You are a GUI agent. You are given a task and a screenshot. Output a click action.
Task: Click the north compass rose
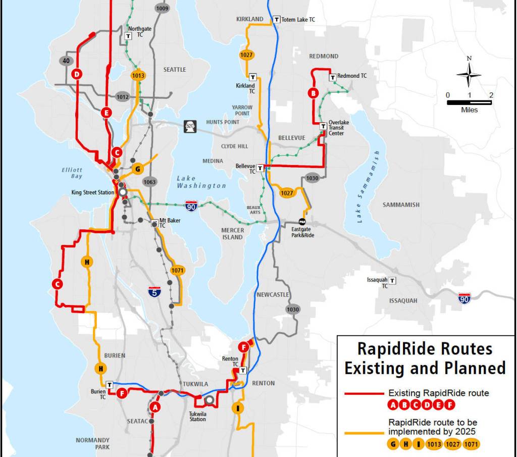tap(469, 75)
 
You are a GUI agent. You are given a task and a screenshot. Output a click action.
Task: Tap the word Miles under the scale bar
tap(469, 110)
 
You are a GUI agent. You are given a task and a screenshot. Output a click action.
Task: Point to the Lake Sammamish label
tap(367, 187)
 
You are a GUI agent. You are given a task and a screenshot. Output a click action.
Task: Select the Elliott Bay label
tap(72, 173)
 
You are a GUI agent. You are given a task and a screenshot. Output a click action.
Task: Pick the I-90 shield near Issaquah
tap(466, 298)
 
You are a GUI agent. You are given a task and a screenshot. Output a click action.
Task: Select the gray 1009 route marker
tap(162, 9)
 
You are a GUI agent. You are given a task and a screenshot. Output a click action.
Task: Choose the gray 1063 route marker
tap(150, 182)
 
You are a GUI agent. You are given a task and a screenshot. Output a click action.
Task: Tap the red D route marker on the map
tap(77, 74)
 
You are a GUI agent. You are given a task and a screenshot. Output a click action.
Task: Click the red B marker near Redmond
tap(313, 93)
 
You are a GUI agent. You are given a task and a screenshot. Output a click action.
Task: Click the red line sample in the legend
tap(364, 393)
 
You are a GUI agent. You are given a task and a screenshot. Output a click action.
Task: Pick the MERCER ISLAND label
tap(233, 234)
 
